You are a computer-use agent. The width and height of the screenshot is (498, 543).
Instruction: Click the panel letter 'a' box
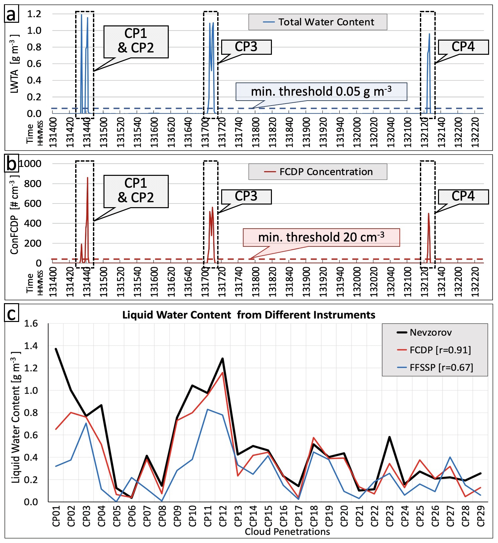(x=11, y=15)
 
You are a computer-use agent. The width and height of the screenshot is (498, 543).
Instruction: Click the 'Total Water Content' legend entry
(x=318, y=22)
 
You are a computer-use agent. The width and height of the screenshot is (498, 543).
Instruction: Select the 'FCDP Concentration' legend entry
(x=318, y=172)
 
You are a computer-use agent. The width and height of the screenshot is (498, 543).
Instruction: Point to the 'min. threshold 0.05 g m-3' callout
(x=321, y=91)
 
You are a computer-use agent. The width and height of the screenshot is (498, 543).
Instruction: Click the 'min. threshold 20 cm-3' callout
(x=321, y=237)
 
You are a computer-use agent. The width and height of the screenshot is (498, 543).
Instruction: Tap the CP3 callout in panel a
(x=246, y=47)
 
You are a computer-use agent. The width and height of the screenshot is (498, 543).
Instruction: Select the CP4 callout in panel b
(x=463, y=197)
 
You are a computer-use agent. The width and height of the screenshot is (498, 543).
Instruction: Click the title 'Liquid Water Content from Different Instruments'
(x=249, y=315)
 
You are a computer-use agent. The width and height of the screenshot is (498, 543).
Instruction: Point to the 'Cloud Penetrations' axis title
(x=287, y=532)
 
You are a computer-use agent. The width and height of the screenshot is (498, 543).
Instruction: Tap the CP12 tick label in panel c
(x=223, y=516)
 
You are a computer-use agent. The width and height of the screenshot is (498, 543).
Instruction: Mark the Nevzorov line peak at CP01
(x=56, y=349)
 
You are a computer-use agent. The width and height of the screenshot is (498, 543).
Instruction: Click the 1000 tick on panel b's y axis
(x=30, y=164)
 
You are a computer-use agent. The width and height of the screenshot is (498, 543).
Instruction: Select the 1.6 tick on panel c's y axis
(x=31, y=324)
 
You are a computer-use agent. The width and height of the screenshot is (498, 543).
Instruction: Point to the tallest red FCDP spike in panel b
(x=87, y=178)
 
